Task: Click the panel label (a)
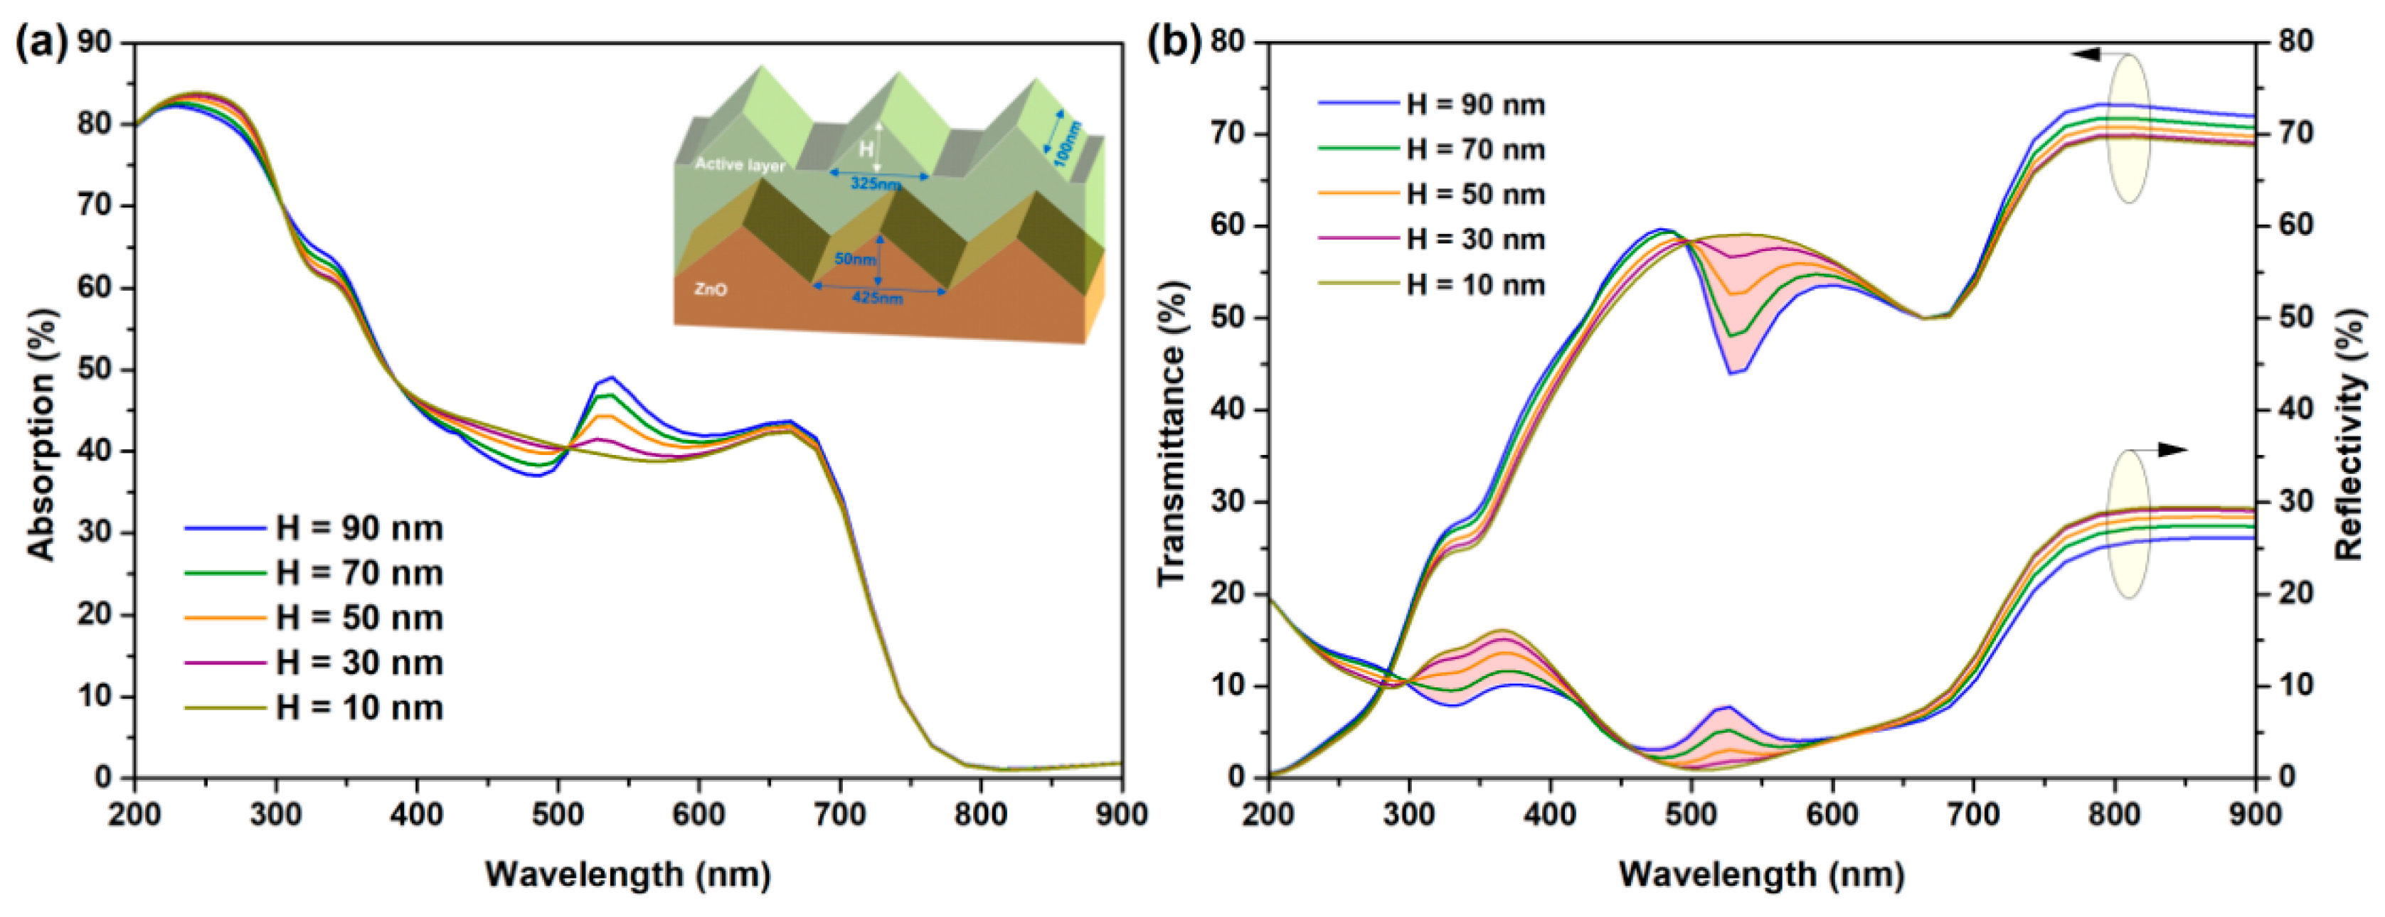click(x=42, y=43)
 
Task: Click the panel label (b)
click(x=1174, y=43)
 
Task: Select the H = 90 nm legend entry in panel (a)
click(x=359, y=528)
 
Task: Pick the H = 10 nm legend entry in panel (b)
click(x=1475, y=284)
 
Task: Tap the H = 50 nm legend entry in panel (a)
click(x=359, y=618)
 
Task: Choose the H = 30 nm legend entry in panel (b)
click(x=1475, y=240)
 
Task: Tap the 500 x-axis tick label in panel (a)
click(x=558, y=815)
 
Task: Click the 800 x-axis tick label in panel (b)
click(x=2115, y=815)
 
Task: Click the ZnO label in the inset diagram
click(x=711, y=289)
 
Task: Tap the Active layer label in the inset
click(x=740, y=165)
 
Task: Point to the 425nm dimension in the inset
click(x=877, y=298)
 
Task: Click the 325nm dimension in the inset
click(x=876, y=183)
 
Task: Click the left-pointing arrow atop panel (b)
click(x=2087, y=55)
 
